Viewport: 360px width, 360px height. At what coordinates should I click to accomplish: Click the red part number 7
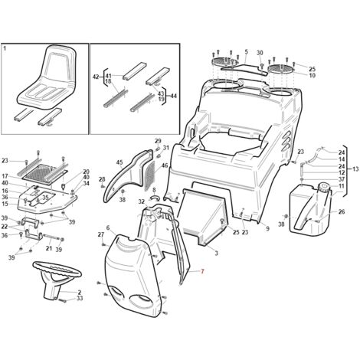pyautogui.click(x=202, y=272)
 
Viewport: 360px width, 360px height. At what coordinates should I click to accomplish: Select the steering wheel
pyautogui.click(x=57, y=278)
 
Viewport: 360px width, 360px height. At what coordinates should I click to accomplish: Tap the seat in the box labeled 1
pyautogui.click(x=48, y=77)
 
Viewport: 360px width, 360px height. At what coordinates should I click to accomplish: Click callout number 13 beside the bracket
pyautogui.click(x=355, y=169)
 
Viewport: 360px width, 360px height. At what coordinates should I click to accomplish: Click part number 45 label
pyautogui.click(x=119, y=162)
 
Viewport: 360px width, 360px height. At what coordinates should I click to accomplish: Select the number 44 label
pyautogui.click(x=173, y=97)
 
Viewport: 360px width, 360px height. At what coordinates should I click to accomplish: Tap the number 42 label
pyautogui.click(x=96, y=77)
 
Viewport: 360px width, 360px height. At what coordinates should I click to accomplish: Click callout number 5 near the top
pyautogui.click(x=246, y=52)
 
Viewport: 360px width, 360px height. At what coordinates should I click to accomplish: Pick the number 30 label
pyautogui.click(x=260, y=53)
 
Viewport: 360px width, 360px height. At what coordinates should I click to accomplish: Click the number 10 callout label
pyautogui.click(x=312, y=75)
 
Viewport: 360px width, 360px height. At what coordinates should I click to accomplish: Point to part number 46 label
pyautogui.click(x=165, y=165)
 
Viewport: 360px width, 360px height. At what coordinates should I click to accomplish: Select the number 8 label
pyautogui.click(x=154, y=190)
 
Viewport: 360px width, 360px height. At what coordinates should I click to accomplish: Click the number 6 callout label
pyautogui.click(x=108, y=227)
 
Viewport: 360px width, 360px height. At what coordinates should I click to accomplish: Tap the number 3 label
pyautogui.click(x=216, y=254)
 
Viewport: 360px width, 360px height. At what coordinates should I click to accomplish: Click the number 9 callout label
pyautogui.click(x=267, y=228)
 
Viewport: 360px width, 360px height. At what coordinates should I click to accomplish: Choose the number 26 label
pyautogui.click(x=342, y=211)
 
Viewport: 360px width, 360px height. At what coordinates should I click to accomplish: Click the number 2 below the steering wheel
pyautogui.click(x=80, y=293)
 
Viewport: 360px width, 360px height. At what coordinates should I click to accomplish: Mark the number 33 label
pyautogui.click(x=80, y=298)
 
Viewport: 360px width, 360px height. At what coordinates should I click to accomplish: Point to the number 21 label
pyautogui.click(x=49, y=248)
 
